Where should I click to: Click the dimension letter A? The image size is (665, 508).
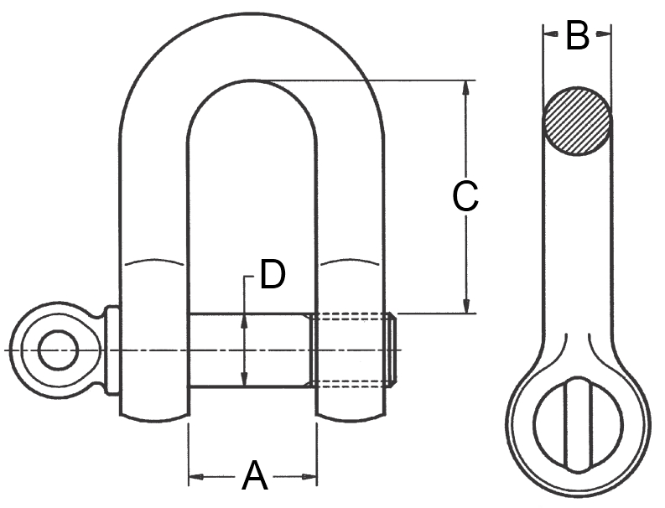[255, 477]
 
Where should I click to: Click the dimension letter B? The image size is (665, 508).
[577, 36]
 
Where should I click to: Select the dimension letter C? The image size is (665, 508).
[465, 197]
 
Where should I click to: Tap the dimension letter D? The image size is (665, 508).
[272, 275]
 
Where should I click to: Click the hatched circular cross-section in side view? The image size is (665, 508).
[577, 121]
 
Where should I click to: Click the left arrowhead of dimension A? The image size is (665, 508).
[195, 479]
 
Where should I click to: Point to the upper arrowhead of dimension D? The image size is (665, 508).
[244, 321]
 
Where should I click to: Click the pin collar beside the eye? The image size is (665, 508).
[111, 350]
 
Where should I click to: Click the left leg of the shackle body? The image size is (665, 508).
[153, 251]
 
